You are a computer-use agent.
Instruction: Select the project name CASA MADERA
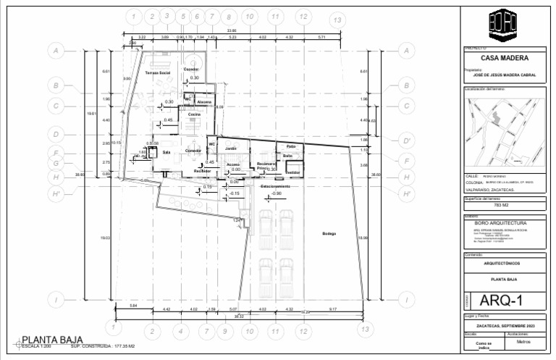click(x=504, y=59)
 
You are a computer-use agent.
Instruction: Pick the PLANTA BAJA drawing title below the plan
click(x=52, y=339)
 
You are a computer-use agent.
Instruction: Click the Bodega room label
click(x=329, y=233)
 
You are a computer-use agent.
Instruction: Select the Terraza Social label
click(x=157, y=73)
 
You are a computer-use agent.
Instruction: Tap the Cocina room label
click(x=194, y=114)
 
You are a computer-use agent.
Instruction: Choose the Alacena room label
click(x=204, y=102)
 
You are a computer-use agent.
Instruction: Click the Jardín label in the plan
click(x=231, y=148)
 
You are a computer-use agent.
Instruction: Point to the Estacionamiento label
click(x=276, y=186)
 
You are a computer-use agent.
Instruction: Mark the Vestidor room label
click(x=292, y=172)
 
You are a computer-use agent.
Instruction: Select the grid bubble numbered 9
click(x=225, y=331)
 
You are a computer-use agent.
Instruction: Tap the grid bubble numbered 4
click(x=180, y=331)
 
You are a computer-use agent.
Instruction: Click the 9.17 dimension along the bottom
click(x=332, y=309)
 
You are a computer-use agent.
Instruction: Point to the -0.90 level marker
click(x=276, y=193)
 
